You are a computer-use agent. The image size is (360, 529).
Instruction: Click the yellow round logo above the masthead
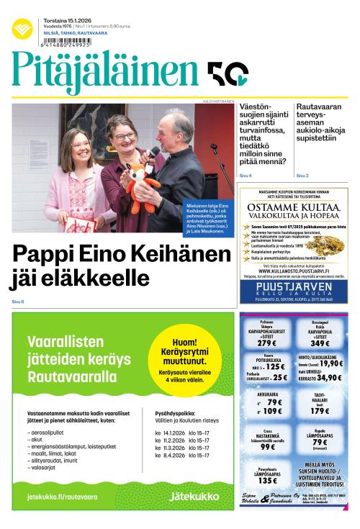(22, 29)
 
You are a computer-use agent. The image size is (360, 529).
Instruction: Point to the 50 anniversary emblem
(228, 74)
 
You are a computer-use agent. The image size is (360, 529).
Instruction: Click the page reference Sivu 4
(245, 176)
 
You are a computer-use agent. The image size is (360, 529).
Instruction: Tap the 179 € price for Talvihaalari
(320, 411)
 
